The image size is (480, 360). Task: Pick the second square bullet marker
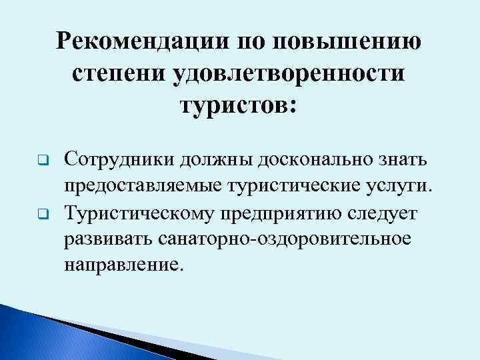[x=39, y=215]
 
